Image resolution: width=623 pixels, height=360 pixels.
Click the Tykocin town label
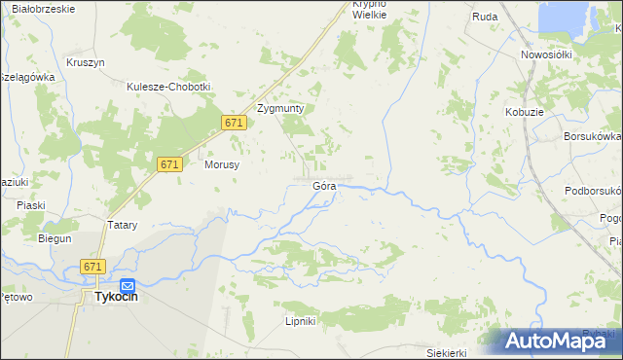coord(115,298)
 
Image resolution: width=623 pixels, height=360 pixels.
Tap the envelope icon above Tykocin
coord(113,283)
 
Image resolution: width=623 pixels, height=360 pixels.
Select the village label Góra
coord(324,185)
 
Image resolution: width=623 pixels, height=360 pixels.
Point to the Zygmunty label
coord(280,109)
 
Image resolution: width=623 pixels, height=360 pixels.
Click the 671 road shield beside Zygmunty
coord(233,123)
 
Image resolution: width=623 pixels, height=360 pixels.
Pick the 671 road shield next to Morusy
coord(169,165)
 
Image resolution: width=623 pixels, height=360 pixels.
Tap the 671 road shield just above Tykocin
coord(93,267)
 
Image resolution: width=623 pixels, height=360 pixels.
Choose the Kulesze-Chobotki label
coord(168,87)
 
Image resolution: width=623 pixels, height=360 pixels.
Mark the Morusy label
coord(222,165)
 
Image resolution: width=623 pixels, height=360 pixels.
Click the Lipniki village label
coord(300,321)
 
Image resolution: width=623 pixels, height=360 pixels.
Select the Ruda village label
coord(485,17)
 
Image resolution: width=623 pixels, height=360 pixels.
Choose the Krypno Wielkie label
coord(369,10)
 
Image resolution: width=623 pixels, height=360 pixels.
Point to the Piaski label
coord(31,205)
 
